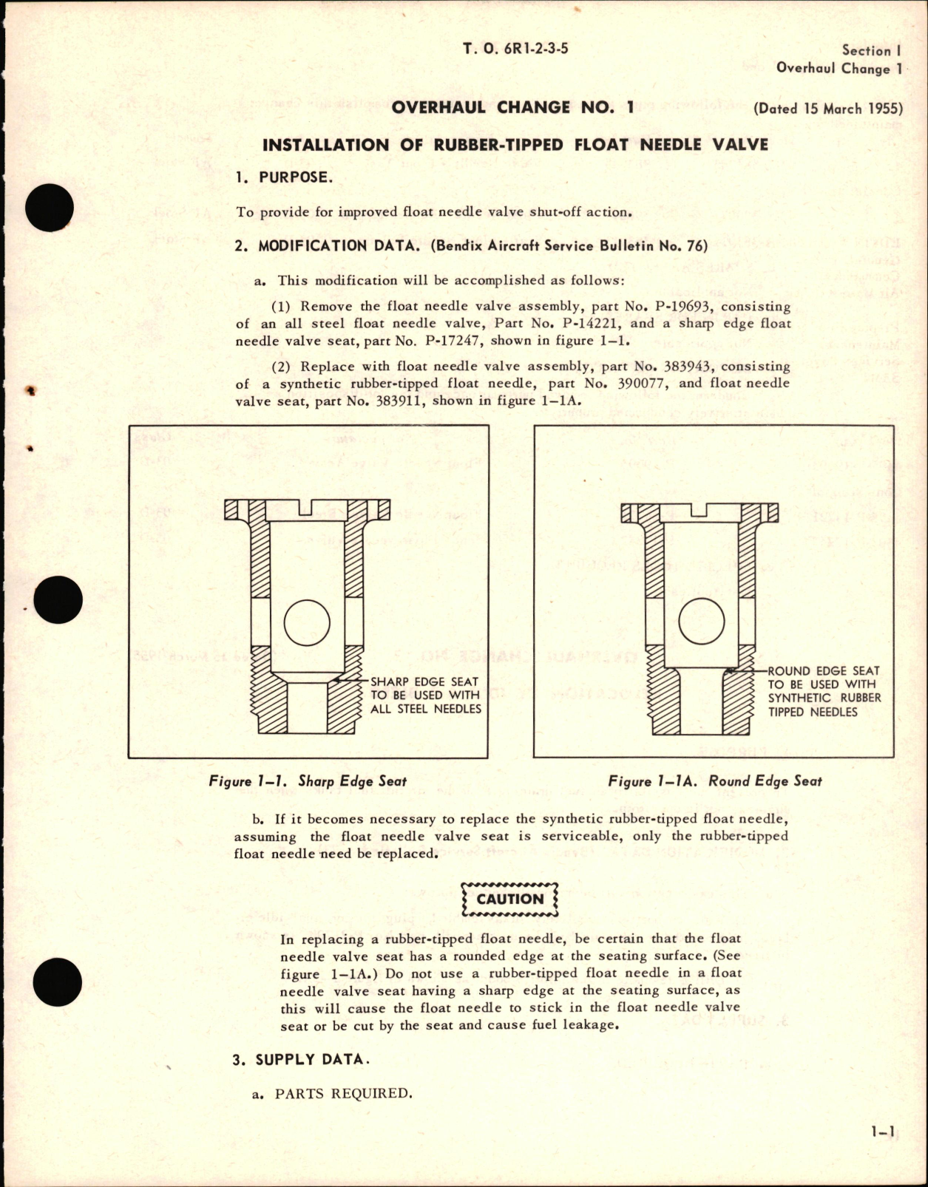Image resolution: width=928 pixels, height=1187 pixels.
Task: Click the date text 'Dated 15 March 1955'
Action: tap(828, 109)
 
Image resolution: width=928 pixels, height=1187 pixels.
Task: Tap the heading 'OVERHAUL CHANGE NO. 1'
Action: tap(512, 107)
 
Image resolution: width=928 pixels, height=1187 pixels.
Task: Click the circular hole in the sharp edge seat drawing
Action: tap(306, 620)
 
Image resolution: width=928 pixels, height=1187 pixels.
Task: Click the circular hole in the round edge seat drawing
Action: tap(701, 620)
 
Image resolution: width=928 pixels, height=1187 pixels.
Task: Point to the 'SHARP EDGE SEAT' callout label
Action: tap(424, 681)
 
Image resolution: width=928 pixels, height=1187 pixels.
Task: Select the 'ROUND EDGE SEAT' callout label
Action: tap(824, 671)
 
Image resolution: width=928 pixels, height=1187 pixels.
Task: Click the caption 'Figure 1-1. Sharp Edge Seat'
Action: tap(308, 780)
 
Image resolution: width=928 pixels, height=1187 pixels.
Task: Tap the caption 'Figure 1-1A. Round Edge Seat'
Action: tap(714, 780)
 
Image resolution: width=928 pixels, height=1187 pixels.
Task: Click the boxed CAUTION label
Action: tap(509, 899)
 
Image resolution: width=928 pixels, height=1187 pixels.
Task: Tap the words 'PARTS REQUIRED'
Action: tap(343, 1093)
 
